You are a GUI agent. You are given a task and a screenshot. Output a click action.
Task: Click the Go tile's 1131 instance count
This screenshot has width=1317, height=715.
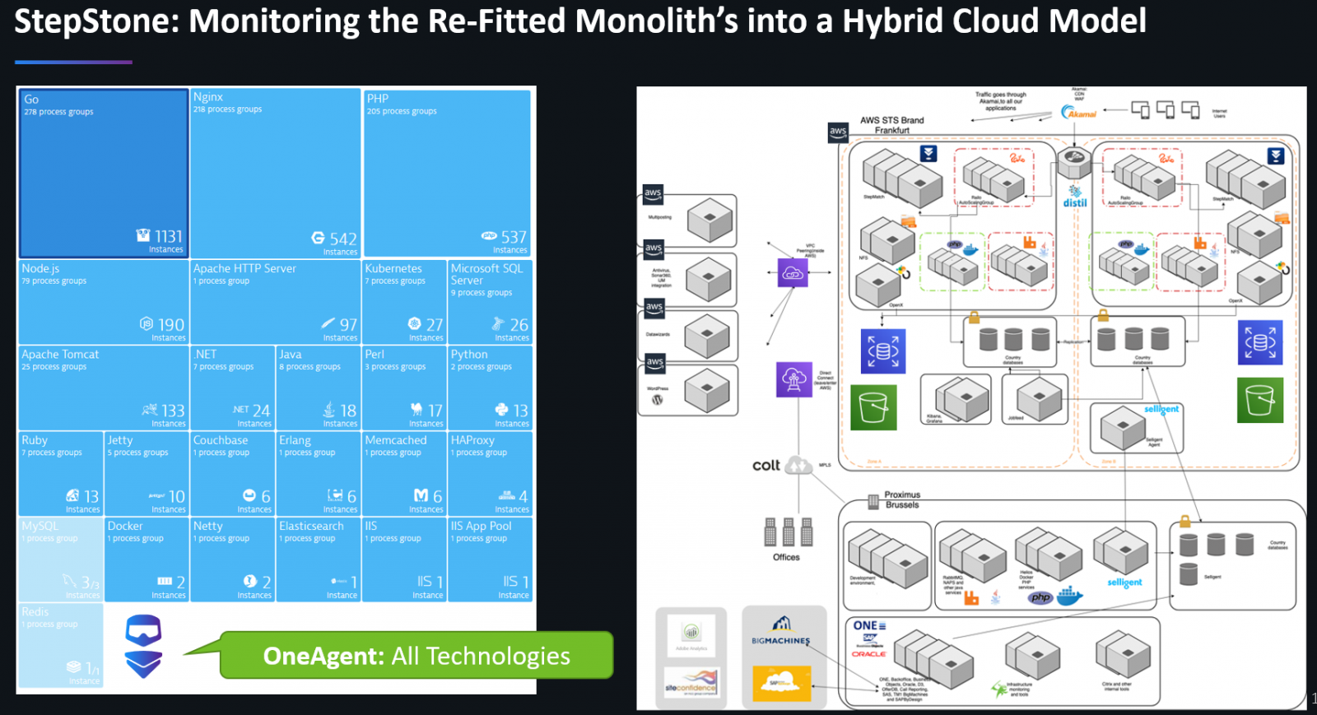point(169,237)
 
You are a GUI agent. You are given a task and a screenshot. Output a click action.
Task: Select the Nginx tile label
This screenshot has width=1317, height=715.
point(208,97)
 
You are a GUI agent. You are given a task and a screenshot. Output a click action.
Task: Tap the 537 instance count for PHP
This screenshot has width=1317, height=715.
point(514,237)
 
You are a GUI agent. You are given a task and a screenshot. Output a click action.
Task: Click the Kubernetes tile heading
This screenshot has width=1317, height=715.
point(393,268)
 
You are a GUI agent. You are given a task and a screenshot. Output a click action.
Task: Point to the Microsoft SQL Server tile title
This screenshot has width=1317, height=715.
point(486,274)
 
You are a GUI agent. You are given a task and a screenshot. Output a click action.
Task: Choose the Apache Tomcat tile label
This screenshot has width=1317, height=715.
point(60,355)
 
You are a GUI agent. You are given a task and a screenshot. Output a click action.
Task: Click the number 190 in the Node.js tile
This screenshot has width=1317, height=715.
point(170,325)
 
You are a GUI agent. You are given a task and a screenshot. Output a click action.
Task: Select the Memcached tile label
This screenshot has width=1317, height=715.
point(396,440)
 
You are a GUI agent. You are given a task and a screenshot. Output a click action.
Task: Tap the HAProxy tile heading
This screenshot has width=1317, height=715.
point(472,440)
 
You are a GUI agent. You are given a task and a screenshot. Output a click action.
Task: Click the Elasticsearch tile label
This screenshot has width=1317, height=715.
point(311,526)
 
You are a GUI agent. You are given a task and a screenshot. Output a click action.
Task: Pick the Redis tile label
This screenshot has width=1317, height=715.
point(35,611)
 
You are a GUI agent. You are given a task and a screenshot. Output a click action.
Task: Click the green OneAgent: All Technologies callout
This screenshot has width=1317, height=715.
point(417,656)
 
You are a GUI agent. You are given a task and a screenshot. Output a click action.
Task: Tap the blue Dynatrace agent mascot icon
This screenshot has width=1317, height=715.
point(143,646)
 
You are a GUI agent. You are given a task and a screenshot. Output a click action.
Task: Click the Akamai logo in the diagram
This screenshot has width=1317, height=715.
point(1078,113)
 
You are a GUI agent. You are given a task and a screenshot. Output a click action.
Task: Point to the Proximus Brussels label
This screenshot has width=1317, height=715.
point(902,499)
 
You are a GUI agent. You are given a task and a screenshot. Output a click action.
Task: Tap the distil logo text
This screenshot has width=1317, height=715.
point(1075,202)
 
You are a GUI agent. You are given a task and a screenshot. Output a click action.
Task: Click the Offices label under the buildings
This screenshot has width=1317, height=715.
point(786,557)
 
